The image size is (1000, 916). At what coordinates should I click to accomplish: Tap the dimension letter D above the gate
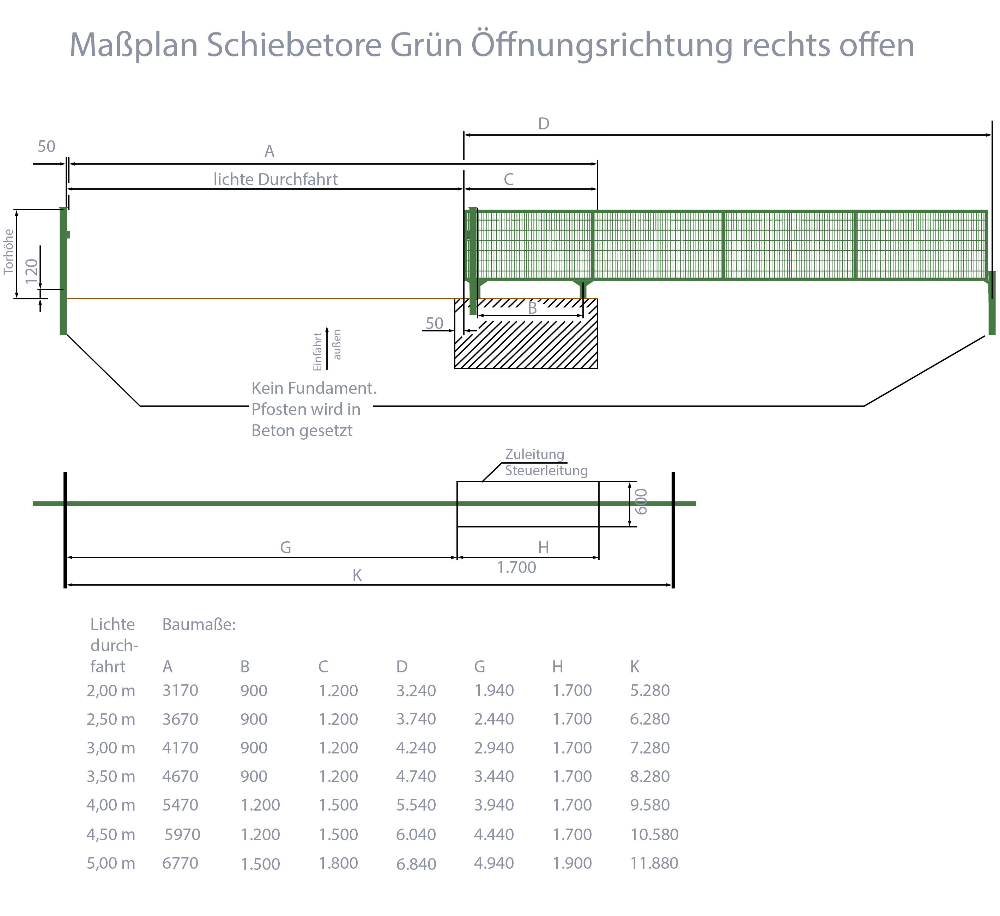(x=544, y=124)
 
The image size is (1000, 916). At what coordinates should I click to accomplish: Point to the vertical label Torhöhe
(x=8, y=251)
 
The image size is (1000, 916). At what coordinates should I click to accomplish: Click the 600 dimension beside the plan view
(x=641, y=501)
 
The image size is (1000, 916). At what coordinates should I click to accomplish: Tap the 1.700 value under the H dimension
(x=516, y=567)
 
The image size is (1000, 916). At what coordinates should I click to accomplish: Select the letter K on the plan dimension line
(x=357, y=575)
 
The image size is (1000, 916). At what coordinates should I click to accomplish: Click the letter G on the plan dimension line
(x=285, y=548)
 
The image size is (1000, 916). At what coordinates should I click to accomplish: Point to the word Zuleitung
(x=535, y=454)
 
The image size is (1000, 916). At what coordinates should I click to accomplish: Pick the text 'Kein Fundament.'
(x=314, y=388)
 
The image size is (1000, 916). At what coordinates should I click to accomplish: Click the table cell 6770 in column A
(x=180, y=863)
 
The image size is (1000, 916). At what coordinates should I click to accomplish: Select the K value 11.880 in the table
(x=654, y=863)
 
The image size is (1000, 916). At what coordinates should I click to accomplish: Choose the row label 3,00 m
(x=111, y=748)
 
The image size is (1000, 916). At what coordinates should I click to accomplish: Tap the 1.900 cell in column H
(x=572, y=863)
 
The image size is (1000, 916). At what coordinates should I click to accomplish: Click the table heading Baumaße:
(x=199, y=624)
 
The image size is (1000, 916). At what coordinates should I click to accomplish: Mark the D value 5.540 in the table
(x=416, y=805)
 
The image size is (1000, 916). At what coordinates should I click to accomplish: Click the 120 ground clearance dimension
(x=31, y=271)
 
